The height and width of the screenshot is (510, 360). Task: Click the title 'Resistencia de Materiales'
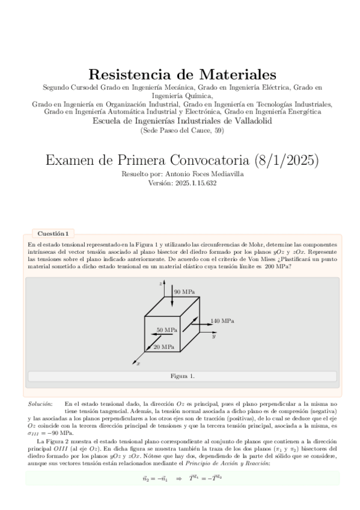[182, 75]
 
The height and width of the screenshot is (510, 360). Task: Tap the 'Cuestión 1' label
[53, 233]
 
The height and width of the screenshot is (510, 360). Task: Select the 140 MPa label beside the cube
[222, 321]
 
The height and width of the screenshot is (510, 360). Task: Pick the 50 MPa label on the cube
[167, 330]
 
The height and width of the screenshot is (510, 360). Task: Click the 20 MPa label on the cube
[164, 347]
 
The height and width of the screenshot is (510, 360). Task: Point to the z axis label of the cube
[160, 282]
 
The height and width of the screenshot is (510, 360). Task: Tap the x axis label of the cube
[138, 363]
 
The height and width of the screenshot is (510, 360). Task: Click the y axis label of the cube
[213, 337]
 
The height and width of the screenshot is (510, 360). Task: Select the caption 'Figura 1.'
[182, 376]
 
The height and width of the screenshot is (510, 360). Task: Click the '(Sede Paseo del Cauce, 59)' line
[182, 130]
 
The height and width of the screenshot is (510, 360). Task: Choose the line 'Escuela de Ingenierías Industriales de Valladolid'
[182, 121]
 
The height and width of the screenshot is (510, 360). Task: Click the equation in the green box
[182, 478]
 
